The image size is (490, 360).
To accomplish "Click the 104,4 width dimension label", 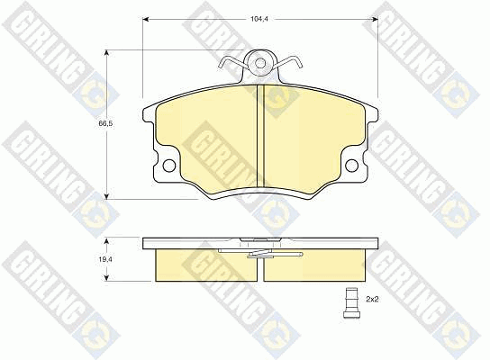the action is [x=259, y=19].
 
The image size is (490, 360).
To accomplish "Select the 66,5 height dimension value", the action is [x=105, y=123].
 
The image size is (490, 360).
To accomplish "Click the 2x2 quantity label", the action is [x=372, y=300].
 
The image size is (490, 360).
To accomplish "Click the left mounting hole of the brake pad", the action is [x=169, y=166].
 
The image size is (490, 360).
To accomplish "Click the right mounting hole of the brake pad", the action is [x=352, y=166].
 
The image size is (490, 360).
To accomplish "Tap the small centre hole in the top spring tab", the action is [x=259, y=63].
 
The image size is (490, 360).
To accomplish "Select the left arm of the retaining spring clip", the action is [x=232, y=61].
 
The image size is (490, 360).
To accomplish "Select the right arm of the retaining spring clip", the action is [x=287, y=61].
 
